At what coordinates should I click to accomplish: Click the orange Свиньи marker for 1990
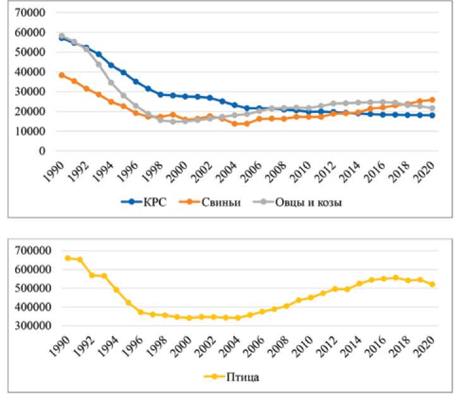coord(62,74)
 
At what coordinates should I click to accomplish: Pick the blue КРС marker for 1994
coord(112,65)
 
